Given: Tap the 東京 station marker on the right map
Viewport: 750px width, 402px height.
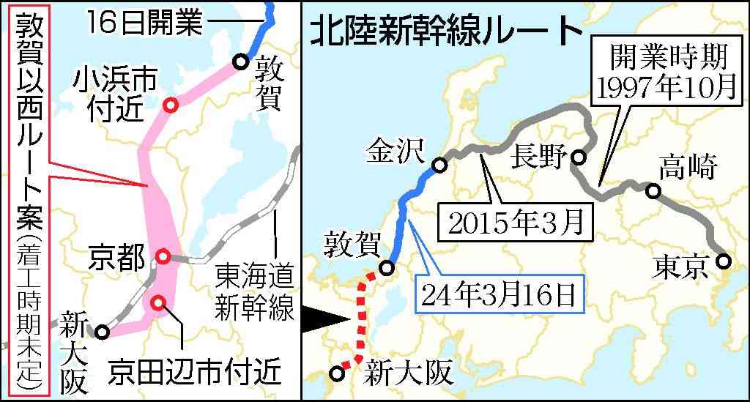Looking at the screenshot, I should (x=723, y=261).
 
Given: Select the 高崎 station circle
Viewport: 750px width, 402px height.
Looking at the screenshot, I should (x=653, y=192).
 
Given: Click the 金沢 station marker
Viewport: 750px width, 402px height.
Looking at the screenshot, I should (x=439, y=166).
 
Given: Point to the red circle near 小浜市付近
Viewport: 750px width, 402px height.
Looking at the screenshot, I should (x=171, y=105).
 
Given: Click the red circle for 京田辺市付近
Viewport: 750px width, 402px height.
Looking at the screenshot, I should (x=158, y=302).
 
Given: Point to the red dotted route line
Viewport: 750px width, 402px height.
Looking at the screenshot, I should (x=361, y=315).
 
